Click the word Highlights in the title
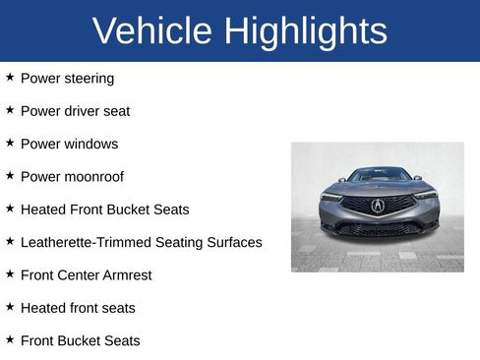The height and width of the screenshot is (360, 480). (305, 31)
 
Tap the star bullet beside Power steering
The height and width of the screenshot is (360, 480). (10, 76)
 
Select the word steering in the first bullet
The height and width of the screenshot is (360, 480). (90, 78)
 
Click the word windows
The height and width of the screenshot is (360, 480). (91, 144)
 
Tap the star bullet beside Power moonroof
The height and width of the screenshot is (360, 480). (10, 175)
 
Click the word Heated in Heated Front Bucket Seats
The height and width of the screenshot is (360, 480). (42, 210)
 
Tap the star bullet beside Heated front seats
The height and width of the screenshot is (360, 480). (10, 306)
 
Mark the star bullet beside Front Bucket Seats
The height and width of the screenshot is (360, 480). (10, 339)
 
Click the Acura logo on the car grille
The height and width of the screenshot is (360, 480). (378, 206)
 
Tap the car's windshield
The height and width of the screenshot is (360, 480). (378, 176)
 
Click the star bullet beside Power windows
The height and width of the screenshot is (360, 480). (10, 142)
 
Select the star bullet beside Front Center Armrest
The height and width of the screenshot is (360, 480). (10, 273)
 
